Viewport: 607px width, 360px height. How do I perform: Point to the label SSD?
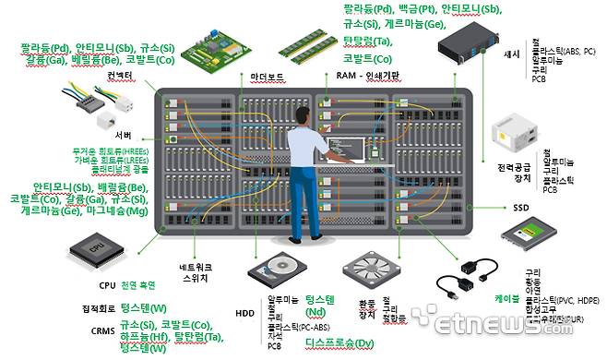pos(522,208)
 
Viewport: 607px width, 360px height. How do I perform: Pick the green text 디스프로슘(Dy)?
pos(339,342)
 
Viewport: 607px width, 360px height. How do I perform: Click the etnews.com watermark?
pos(536,325)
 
